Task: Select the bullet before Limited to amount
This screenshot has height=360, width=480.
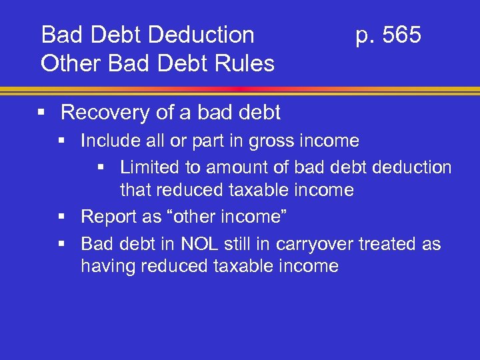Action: tap(103, 167)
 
